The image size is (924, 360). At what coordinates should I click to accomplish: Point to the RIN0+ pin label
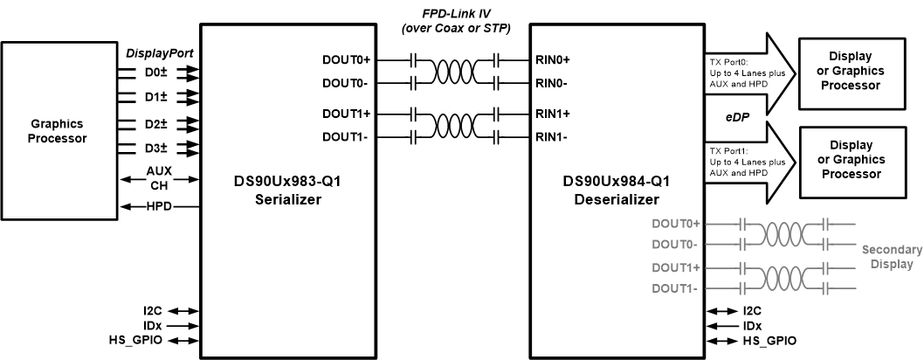coord(554,61)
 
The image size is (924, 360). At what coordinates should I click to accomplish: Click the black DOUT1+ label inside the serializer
coord(347,115)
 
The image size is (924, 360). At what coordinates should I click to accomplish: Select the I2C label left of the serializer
coord(163,310)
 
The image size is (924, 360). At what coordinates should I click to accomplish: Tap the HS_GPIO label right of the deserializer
coord(768,341)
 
